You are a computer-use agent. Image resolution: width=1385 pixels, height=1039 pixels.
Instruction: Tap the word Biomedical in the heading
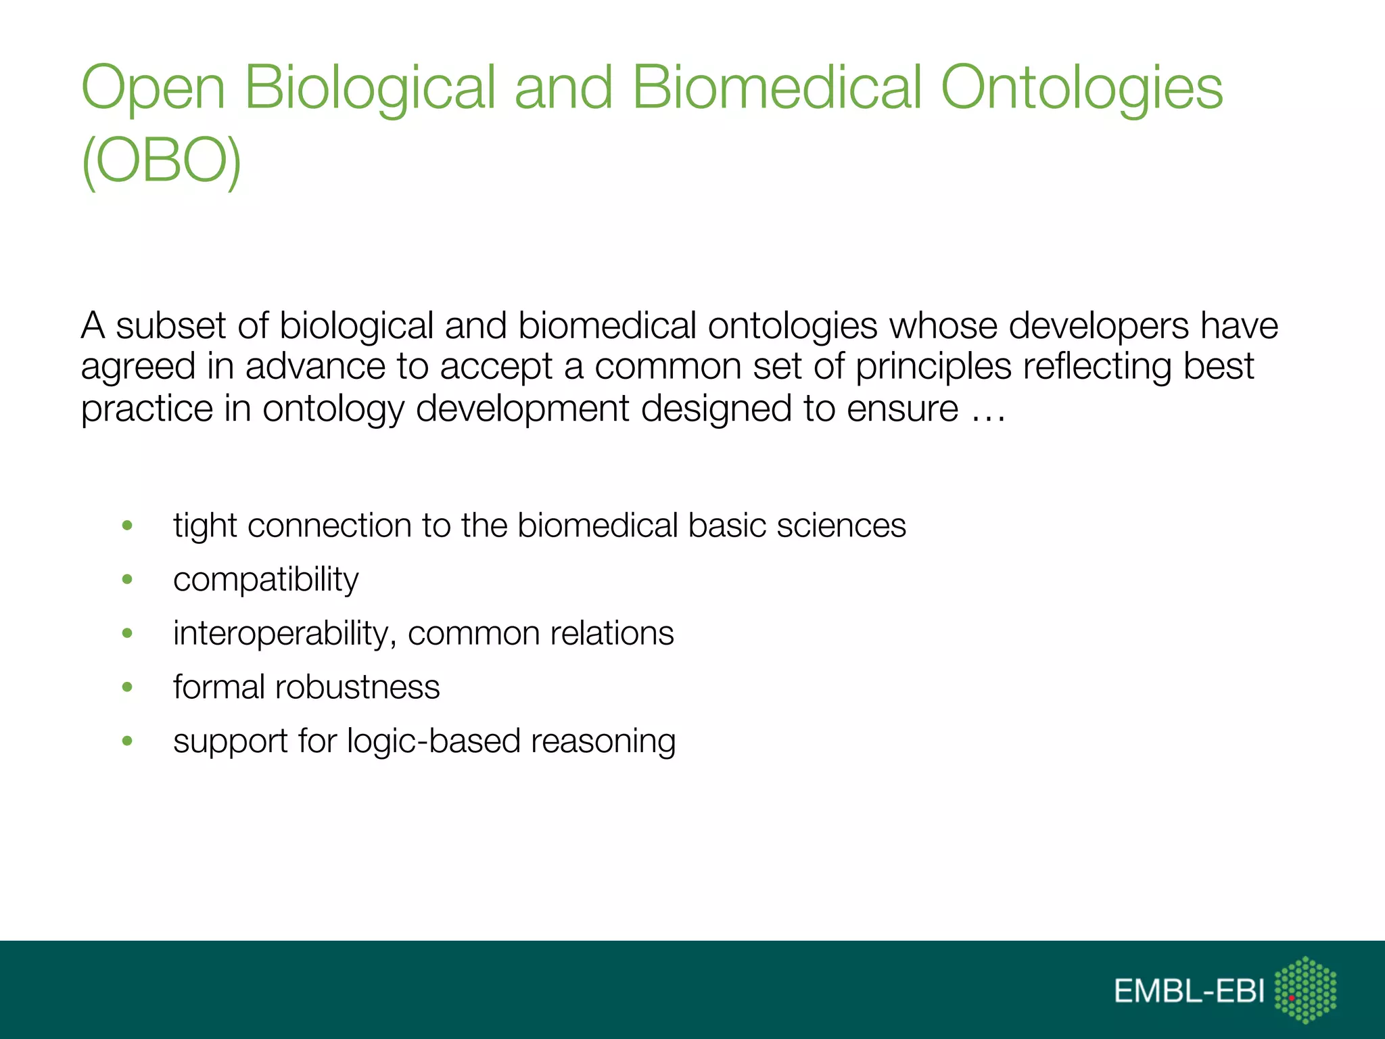776,88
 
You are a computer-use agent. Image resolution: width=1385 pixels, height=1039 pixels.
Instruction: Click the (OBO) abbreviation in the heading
161,161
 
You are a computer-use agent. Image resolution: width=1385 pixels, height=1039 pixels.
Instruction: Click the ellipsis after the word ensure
989,409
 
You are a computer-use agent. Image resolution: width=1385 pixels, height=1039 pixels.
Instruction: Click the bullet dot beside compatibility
127,580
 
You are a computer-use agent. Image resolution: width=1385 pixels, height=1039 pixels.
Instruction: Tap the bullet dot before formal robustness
127,687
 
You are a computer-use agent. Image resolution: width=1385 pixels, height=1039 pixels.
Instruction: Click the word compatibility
266,580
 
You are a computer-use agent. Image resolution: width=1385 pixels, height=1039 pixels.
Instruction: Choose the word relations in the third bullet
611,634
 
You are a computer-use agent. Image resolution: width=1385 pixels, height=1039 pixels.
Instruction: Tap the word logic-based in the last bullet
433,741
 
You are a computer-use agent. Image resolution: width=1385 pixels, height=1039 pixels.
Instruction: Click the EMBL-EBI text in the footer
1189,992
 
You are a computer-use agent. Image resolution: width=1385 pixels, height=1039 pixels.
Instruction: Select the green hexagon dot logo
1305,990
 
